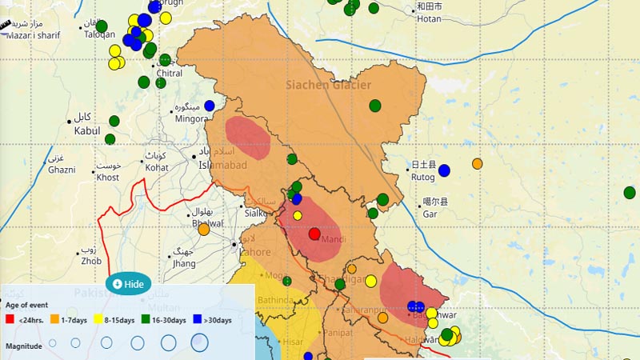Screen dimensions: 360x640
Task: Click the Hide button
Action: pos(129,284)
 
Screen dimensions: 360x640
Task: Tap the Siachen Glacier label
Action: pos(328,85)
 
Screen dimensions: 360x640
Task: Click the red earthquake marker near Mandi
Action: pos(314,234)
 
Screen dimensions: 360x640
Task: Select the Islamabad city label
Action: pos(222,165)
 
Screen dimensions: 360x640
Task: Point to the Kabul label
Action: pos(87,130)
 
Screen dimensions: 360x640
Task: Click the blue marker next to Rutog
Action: pos(444,170)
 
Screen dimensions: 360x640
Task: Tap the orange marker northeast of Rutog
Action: pos(478,164)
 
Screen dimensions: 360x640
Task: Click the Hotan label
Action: pos(429,18)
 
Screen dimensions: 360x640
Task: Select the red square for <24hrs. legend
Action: pos(10,320)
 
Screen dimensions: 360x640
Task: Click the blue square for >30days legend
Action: pos(197,320)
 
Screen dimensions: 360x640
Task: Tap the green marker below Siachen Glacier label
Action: pos(374,105)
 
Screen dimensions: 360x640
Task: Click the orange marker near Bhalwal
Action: pos(204,230)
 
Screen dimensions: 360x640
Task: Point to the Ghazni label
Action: pos(61,170)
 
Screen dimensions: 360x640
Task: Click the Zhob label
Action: pos(91,261)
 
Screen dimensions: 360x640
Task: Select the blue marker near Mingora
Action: pos(210,105)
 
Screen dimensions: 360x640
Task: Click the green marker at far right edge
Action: pos(630,192)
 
